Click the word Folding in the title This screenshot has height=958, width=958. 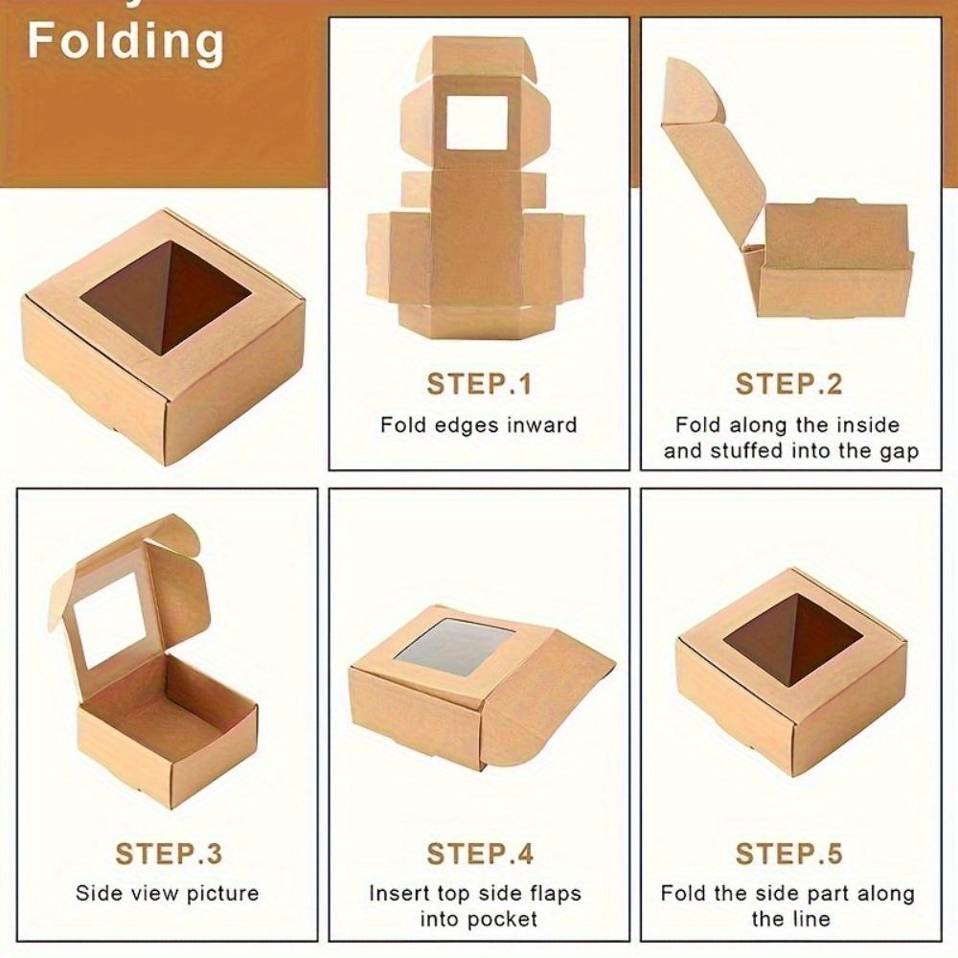tap(125, 41)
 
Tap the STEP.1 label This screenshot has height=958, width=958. tap(478, 384)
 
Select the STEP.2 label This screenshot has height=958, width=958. tap(788, 384)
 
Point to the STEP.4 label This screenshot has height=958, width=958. tap(478, 853)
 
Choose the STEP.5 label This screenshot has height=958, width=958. tap(788, 853)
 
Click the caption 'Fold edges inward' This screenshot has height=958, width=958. tap(478, 424)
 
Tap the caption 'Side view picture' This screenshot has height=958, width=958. tap(168, 893)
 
